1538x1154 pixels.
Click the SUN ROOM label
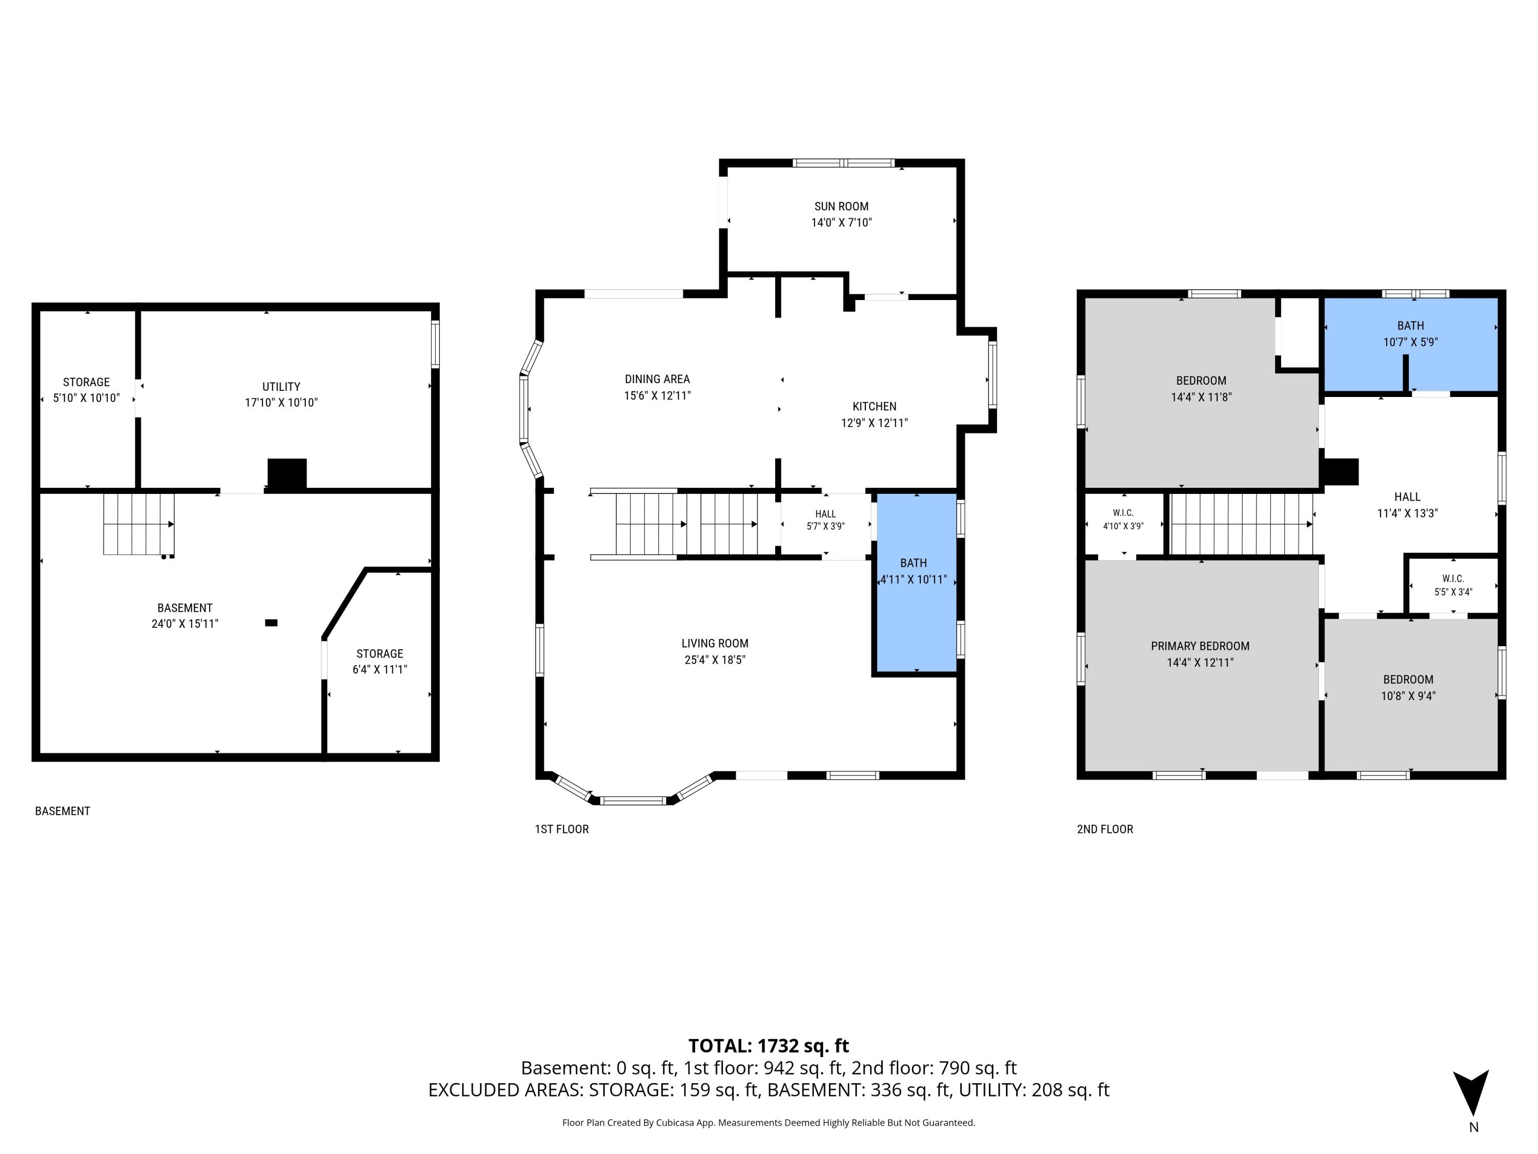(x=841, y=207)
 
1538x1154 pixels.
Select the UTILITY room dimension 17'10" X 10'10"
(x=281, y=403)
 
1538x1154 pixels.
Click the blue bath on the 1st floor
(x=916, y=583)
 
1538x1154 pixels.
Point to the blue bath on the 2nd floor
(x=1410, y=344)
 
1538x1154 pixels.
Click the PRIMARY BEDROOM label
(x=1200, y=646)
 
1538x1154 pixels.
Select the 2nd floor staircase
(x=1242, y=524)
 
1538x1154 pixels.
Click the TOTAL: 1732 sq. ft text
(x=768, y=1046)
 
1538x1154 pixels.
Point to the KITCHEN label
(x=875, y=407)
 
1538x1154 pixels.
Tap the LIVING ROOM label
(x=715, y=644)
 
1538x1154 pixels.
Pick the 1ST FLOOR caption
(x=562, y=829)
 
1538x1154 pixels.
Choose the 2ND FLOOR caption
(x=1105, y=829)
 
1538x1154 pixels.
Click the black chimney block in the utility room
(x=287, y=475)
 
